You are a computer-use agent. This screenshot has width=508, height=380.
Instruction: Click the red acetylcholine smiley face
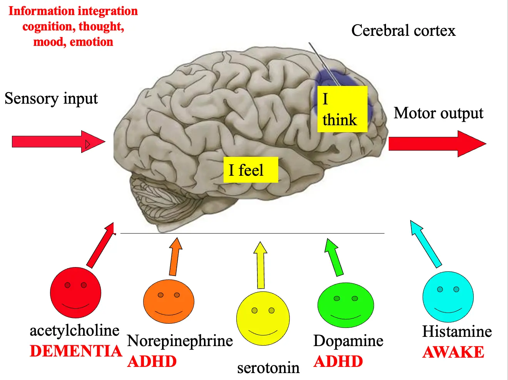coord(75,293)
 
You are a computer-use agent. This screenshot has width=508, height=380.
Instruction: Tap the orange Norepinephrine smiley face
coord(169,301)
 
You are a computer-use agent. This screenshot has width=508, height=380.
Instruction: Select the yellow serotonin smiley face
coord(263,318)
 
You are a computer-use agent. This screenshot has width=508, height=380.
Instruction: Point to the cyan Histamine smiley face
coord(448,296)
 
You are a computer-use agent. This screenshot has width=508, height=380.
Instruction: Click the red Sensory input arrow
coord(58,142)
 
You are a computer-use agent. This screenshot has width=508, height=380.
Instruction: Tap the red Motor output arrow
coord(437,144)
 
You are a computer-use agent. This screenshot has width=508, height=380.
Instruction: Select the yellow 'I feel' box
coord(251,170)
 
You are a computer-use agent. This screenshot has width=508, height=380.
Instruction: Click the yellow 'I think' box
coord(342,109)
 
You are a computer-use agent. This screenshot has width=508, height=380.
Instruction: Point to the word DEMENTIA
coord(76,351)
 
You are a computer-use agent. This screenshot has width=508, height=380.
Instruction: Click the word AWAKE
coord(453,352)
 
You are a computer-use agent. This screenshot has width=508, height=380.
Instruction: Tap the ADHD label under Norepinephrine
coord(152,362)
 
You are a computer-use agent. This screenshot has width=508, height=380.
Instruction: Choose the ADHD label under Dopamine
coord(338,362)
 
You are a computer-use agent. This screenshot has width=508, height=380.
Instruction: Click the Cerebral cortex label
coord(403,30)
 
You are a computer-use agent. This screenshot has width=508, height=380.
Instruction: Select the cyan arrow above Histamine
coord(426,244)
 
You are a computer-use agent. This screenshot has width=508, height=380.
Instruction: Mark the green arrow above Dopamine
coord(334,257)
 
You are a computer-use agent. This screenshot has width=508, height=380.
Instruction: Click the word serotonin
coord(268,368)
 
